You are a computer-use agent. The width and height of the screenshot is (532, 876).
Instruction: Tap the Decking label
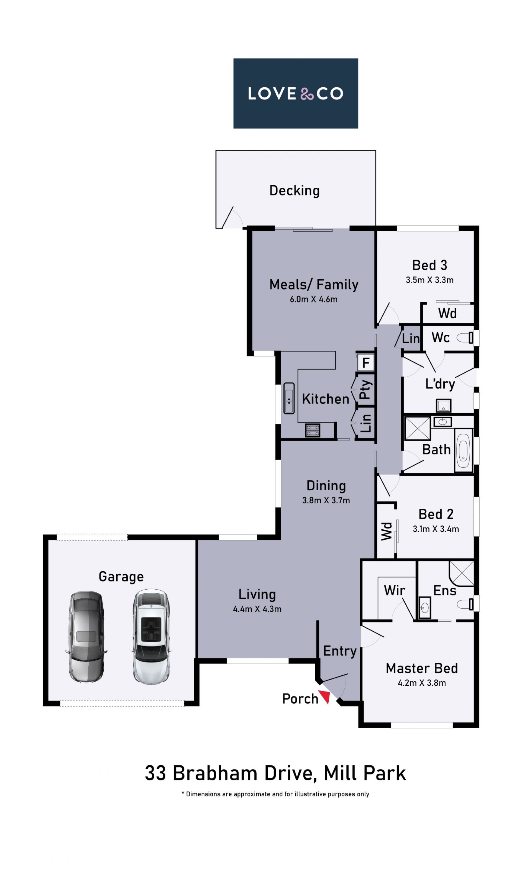click(295, 191)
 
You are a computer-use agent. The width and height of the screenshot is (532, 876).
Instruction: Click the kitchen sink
click(289, 398)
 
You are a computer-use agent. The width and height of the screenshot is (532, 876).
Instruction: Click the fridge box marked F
click(365, 363)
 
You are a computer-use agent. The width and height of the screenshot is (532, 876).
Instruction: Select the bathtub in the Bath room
click(463, 450)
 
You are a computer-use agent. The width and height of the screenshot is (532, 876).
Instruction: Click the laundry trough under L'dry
click(443, 405)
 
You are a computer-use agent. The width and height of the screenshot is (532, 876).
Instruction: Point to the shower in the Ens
click(461, 573)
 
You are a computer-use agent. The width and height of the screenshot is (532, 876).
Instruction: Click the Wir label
click(394, 591)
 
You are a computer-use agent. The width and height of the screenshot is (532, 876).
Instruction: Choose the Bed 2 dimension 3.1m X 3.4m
click(436, 529)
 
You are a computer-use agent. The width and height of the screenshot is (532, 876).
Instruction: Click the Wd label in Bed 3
click(447, 313)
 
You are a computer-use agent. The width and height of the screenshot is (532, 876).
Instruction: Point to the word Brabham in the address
click(215, 773)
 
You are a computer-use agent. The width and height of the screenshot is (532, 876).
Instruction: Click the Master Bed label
click(422, 668)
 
